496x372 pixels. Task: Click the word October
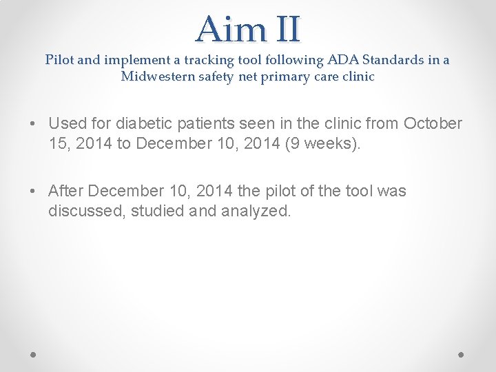click(433, 124)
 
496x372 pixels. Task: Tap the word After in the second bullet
click(66, 191)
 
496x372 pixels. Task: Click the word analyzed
click(256, 210)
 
